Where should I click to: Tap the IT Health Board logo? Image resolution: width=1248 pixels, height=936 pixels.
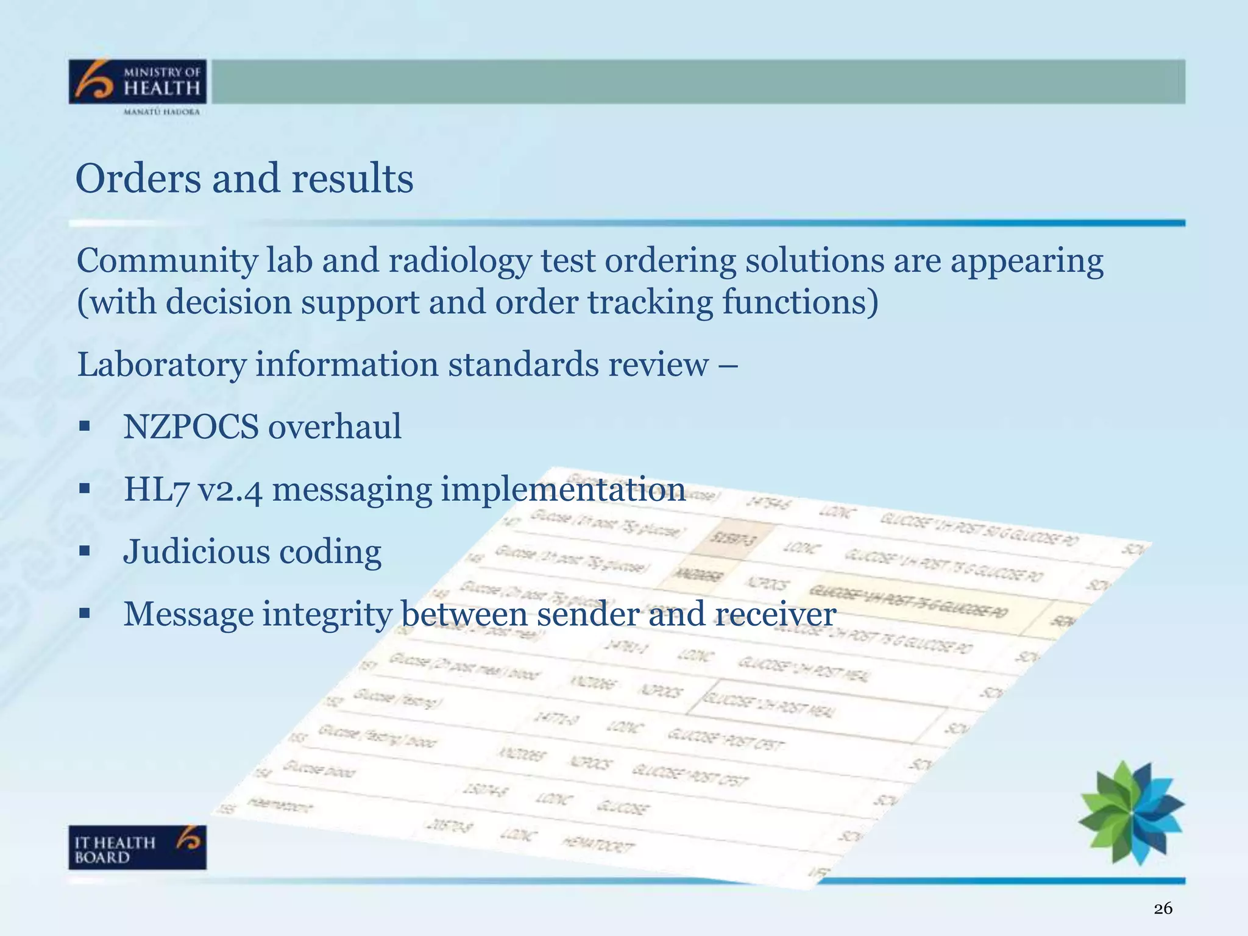pos(138,847)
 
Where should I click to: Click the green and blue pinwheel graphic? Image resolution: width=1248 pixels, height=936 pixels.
pos(1131,812)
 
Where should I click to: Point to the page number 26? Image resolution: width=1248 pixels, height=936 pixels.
pos(1163,909)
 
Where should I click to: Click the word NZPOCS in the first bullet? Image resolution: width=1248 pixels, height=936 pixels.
pos(191,426)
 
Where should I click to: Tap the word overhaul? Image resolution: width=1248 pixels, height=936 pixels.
pos(335,426)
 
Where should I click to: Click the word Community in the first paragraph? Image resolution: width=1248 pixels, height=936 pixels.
pos(167,261)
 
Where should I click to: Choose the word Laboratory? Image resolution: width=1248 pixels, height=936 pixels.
pos(161,364)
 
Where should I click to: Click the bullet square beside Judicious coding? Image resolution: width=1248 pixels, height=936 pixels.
pos(85,552)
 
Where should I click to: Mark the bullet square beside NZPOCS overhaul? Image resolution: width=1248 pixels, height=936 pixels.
pos(85,426)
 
